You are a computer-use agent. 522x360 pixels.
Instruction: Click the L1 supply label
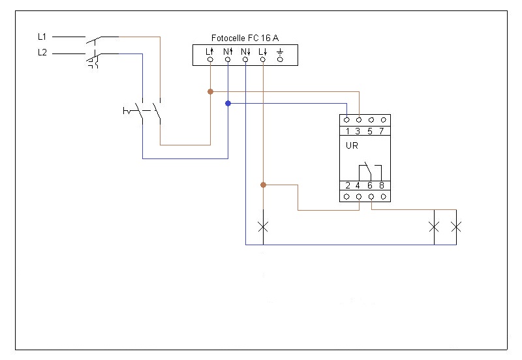coord(42,37)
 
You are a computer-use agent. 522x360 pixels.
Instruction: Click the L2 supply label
coord(42,53)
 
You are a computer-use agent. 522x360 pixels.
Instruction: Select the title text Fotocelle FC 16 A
coord(245,38)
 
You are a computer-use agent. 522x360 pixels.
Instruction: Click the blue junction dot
coord(228,104)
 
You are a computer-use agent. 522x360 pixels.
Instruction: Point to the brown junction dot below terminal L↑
coord(210,91)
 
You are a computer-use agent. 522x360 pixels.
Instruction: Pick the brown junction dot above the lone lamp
coord(264,185)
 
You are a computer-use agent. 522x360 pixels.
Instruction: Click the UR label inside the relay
coord(352,145)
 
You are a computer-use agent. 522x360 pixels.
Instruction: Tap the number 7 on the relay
coord(382,132)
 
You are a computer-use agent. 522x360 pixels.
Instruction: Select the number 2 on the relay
coord(348,185)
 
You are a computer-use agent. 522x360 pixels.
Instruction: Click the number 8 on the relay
coord(382,185)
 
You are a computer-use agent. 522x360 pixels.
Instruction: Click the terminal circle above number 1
coord(346,120)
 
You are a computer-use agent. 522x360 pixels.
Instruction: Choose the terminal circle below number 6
coord(371,197)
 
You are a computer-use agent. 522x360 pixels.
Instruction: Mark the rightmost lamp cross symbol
coord(456,227)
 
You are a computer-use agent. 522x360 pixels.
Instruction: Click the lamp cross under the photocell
coord(263,227)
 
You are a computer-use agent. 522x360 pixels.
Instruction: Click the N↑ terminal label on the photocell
coord(228,52)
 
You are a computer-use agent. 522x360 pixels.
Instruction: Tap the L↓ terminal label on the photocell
coord(263,52)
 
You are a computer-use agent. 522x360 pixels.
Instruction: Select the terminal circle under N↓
coord(245,59)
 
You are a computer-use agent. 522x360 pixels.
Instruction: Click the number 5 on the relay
coord(370,132)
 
